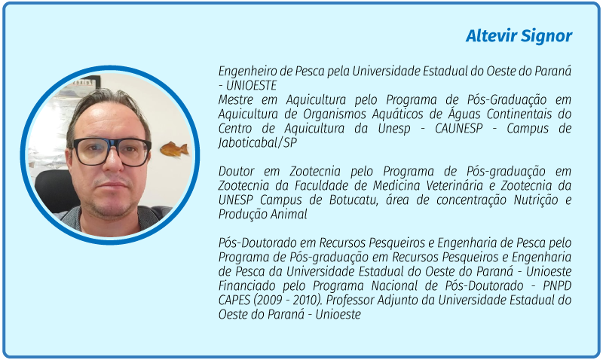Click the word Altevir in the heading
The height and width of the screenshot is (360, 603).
[x=491, y=35]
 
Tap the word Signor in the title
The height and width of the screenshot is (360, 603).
[x=546, y=37]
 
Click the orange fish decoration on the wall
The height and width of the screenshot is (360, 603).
[x=174, y=149]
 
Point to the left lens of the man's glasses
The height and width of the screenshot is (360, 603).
[x=91, y=151]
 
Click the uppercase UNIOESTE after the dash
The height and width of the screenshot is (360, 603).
[x=251, y=85]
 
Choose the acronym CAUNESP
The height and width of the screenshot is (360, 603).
[x=458, y=128]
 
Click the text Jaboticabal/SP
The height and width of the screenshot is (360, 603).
[x=258, y=143]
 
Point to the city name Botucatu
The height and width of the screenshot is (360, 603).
[x=353, y=200]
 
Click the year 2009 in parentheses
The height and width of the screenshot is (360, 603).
[x=269, y=301]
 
